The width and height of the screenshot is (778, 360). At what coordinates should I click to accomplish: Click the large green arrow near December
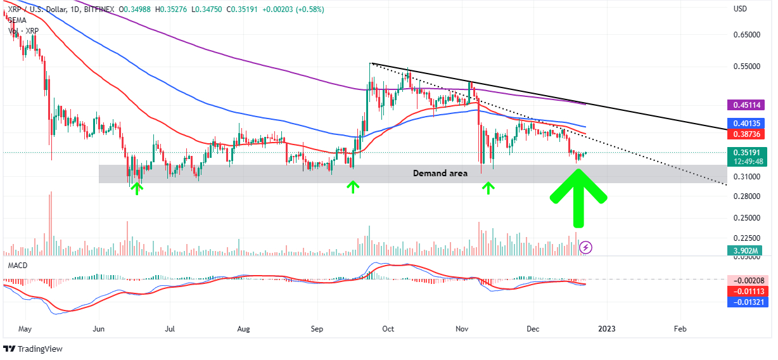[578, 195]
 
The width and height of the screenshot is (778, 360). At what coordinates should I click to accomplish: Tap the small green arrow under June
[136, 188]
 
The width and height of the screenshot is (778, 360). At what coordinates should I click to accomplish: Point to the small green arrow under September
[352, 187]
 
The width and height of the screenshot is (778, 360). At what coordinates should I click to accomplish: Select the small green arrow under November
[488, 188]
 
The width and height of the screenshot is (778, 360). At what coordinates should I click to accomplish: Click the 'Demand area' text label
[440, 173]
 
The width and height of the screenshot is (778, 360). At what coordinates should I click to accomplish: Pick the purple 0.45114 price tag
[751, 105]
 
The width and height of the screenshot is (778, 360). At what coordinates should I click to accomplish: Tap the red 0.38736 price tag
[751, 134]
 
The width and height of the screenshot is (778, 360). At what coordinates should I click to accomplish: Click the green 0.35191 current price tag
[751, 152]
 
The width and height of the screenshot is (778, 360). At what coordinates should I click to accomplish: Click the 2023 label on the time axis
[607, 330]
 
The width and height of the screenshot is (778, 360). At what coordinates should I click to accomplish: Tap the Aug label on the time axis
[243, 330]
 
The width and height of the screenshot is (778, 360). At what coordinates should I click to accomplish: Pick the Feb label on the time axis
[680, 330]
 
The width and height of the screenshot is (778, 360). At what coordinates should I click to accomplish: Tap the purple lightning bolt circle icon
[586, 247]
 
